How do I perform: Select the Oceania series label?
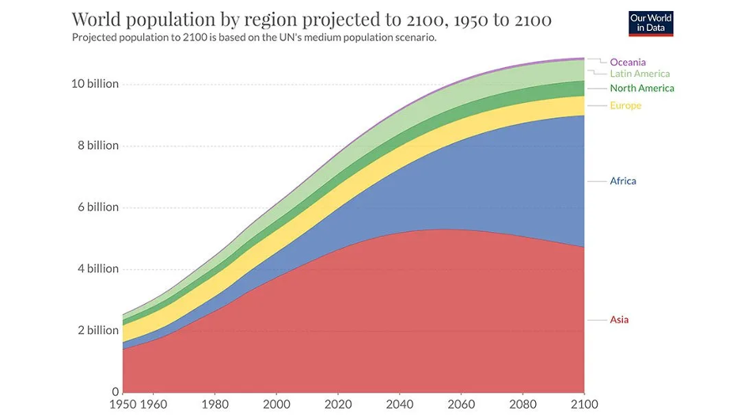(628, 62)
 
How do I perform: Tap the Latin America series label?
(640, 74)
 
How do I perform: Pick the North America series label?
(642, 88)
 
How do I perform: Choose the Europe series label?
(625, 105)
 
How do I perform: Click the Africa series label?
(623, 180)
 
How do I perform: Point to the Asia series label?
(619, 320)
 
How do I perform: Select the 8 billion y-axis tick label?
(94, 146)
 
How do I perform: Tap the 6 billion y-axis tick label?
(94, 207)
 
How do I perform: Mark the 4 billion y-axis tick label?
(94, 268)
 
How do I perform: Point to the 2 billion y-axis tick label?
(94, 330)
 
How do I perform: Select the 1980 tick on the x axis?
(214, 405)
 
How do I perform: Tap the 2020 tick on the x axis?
(337, 405)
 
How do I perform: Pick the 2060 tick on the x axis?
(461, 405)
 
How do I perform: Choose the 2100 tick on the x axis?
(583, 405)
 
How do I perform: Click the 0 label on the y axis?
(116, 391)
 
